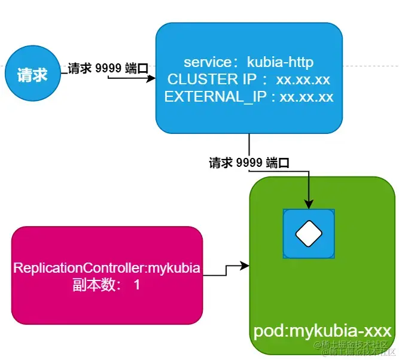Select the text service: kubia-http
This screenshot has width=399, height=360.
tap(249, 62)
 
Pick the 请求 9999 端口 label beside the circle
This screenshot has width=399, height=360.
tap(108, 69)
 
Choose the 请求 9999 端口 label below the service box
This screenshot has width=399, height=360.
tap(249, 163)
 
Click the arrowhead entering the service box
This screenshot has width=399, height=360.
tap(151, 77)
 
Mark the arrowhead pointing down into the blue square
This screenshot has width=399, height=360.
tap(309, 205)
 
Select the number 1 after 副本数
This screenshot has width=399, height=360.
tap(136, 285)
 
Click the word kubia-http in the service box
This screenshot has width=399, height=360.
tap(281, 62)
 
